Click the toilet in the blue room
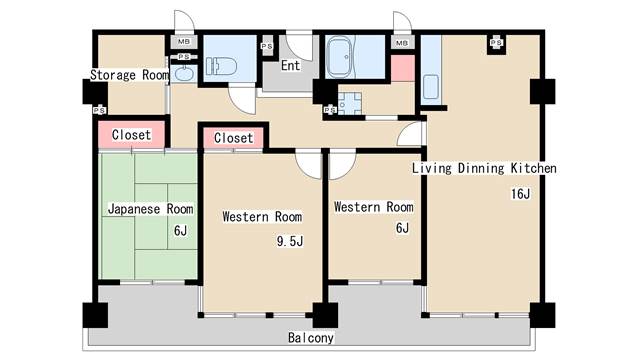point(221,66)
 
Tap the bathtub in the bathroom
point(340,58)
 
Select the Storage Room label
point(129,75)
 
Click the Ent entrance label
point(290,65)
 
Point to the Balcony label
point(311,338)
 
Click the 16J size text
point(520,193)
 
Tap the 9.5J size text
point(290,241)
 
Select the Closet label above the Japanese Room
point(131,135)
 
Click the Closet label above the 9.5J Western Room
point(233,138)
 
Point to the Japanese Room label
point(150,209)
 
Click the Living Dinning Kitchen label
point(484,168)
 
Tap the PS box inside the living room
point(496,43)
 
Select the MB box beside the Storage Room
point(183,42)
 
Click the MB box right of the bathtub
point(402,42)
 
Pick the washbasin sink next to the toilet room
point(184,74)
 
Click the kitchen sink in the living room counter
point(430,87)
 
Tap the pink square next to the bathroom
point(402,68)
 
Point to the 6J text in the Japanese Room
point(180,231)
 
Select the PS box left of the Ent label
point(267,47)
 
